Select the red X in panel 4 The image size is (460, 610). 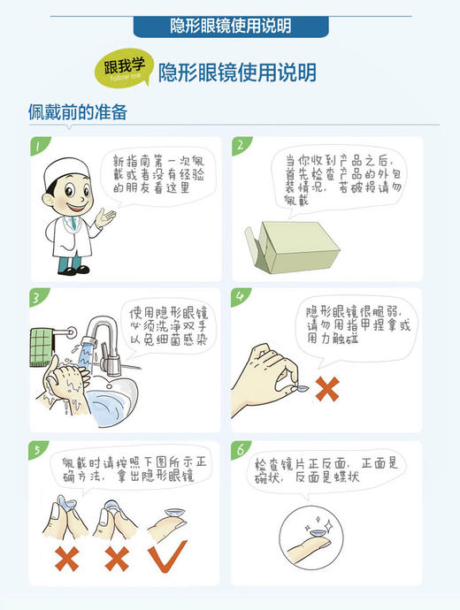coord(328,389)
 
